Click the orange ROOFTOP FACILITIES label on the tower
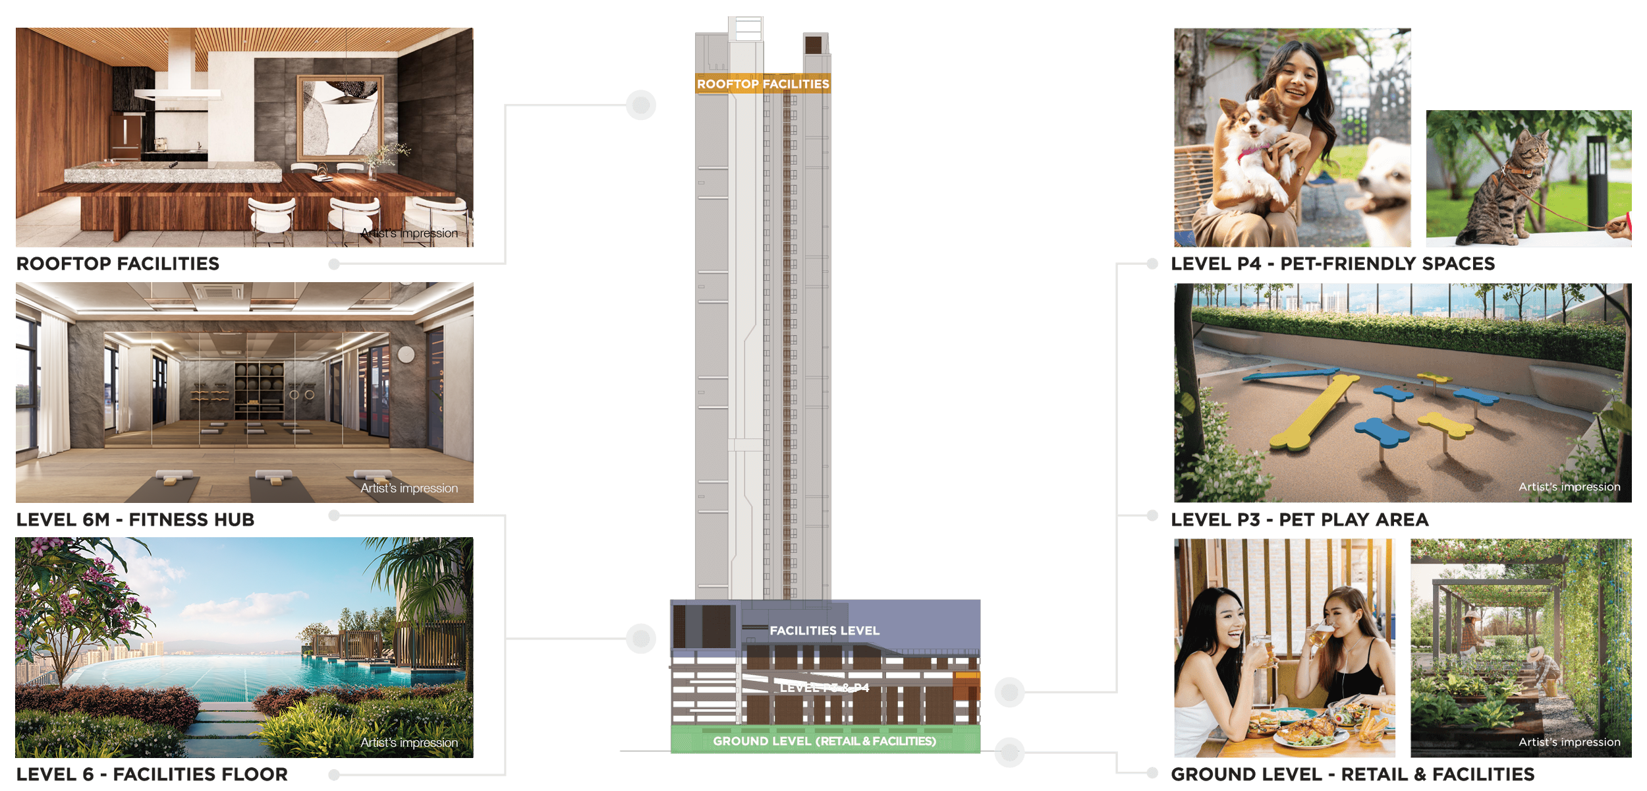coord(763,84)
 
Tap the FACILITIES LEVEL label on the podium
coord(824,631)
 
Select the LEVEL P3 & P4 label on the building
coord(824,688)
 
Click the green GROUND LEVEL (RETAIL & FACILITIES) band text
coord(824,741)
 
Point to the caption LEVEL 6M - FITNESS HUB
coord(136,520)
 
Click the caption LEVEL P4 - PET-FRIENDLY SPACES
coord(1332,264)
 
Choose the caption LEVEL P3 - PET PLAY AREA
coord(1299,520)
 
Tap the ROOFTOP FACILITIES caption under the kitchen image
coord(118,264)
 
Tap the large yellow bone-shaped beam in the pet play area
coord(1314,412)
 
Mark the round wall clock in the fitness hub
coord(406,354)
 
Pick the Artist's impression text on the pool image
coord(408,743)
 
